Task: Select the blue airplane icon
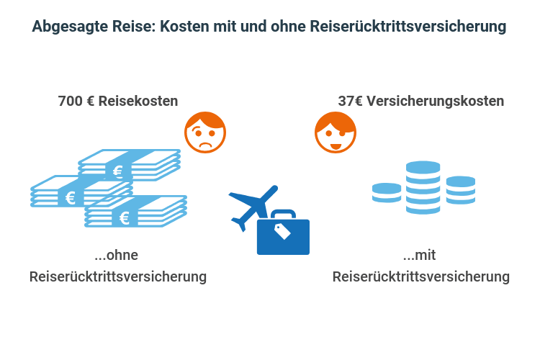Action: tap(252, 205)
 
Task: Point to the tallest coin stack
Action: tap(423, 187)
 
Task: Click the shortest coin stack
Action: tap(387, 192)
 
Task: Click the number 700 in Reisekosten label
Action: tap(69, 102)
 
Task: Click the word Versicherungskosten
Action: tap(435, 102)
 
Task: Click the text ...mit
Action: tap(420, 255)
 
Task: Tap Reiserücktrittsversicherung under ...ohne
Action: tap(118, 276)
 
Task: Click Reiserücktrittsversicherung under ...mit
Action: tap(421, 276)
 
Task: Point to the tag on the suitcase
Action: tap(282, 231)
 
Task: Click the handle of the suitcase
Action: tap(283, 213)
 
